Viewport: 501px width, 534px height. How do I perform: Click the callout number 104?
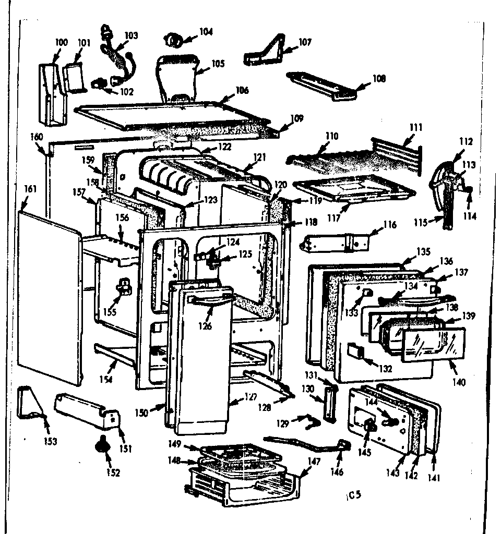(x=206, y=32)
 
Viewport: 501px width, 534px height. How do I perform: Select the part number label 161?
(x=30, y=189)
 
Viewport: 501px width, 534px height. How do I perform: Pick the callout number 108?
(x=379, y=79)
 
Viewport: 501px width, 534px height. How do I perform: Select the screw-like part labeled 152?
(x=100, y=447)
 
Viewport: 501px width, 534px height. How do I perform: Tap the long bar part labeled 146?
(x=303, y=443)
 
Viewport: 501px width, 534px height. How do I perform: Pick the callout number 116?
(x=389, y=225)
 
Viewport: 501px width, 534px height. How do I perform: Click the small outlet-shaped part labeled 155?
(x=124, y=286)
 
